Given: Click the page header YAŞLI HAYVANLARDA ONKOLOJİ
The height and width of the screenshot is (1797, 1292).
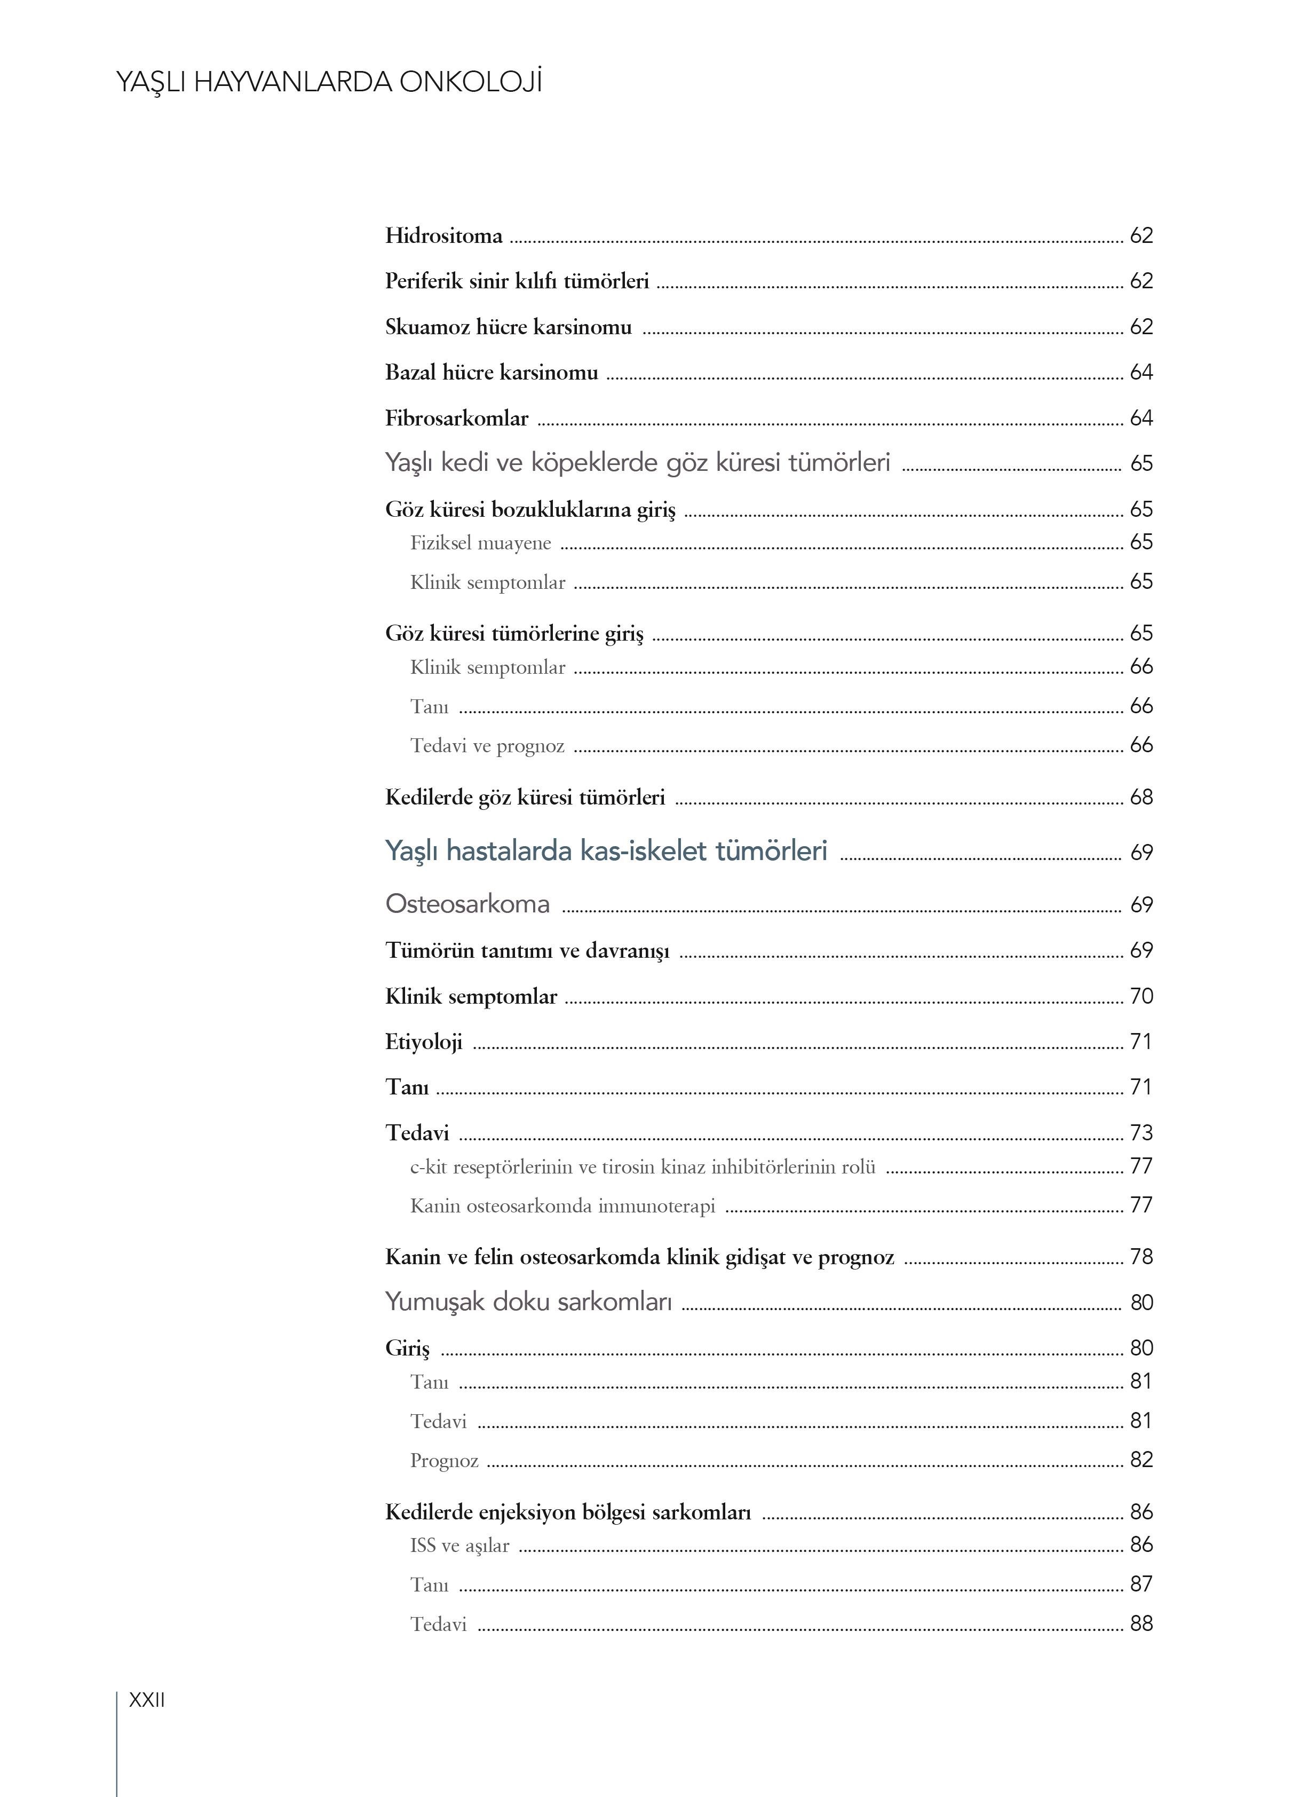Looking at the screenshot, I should (x=329, y=82).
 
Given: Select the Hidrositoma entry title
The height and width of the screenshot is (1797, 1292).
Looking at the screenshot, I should (x=443, y=236).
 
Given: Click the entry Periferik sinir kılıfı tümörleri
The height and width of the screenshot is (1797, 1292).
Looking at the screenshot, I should (x=517, y=281).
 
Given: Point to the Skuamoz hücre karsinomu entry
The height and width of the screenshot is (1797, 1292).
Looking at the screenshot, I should (x=508, y=327).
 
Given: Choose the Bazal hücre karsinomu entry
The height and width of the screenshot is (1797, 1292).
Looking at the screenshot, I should (x=491, y=373).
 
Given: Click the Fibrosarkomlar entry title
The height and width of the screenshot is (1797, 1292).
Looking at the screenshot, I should (x=456, y=419).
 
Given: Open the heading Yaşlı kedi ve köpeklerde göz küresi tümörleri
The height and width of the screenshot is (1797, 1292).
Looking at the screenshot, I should (x=638, y=463).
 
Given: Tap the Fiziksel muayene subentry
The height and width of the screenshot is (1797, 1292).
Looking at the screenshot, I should (x=480, y=543).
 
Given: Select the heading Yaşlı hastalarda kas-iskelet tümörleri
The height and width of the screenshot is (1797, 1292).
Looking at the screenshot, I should (x=606, y=851).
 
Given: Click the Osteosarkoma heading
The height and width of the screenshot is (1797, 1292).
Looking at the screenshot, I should (x=467, y=904).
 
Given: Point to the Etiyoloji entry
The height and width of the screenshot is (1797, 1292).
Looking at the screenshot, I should (x=423, y=1042).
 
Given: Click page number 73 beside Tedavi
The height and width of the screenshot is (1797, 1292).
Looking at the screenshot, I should (x=1140, y=1133).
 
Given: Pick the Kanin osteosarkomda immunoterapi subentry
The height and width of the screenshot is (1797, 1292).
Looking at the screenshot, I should (x=562, y=1207).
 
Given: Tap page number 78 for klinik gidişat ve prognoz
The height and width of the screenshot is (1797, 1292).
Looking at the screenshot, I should (x=1140, y=1257).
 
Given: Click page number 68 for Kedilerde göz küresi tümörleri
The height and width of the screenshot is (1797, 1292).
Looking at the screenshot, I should (x=1140, y=797).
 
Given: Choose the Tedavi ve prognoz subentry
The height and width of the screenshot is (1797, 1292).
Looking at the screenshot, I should (x=487, y=746).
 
